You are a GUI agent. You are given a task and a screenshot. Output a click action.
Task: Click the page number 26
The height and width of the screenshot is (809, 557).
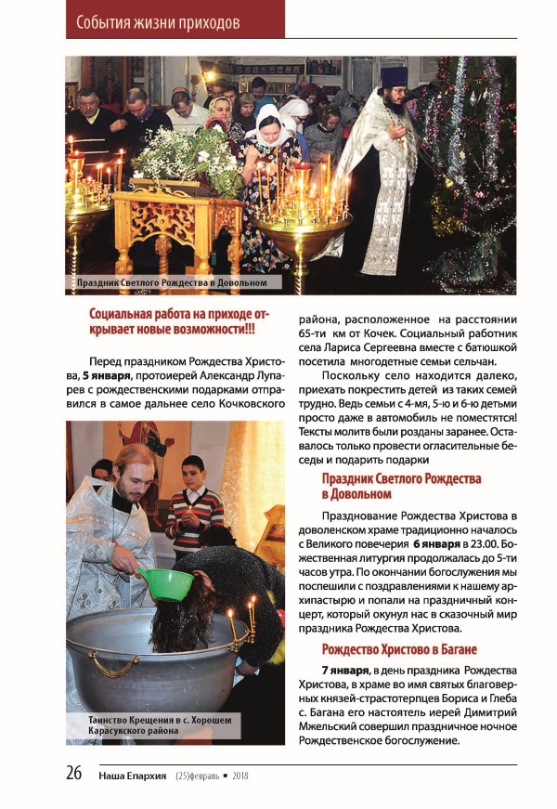pyautogui.click(x=73, y=773)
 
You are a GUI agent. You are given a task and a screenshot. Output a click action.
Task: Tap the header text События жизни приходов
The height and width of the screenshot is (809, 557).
pyautogui.click(x=158, y=20)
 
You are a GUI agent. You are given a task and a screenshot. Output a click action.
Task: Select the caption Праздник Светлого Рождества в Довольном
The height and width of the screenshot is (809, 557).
pyautogui.click(x=174, y=282)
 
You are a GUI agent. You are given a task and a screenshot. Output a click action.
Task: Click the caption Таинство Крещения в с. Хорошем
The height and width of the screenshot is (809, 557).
pyautogui.click(x=154, y=720)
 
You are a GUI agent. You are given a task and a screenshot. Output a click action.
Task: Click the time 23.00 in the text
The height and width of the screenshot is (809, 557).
pyautogui.click(x=489, y=542)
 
